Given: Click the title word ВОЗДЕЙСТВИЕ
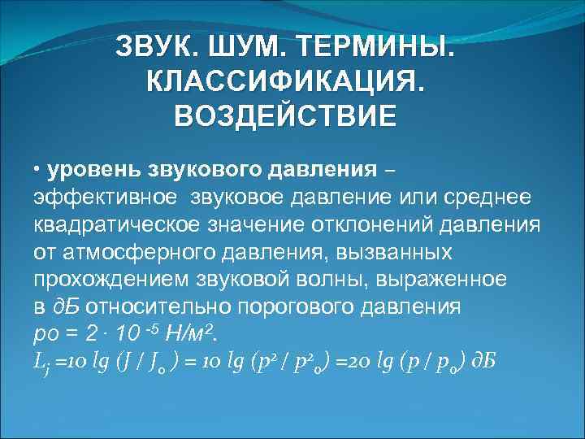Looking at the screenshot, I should [285, 115].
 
